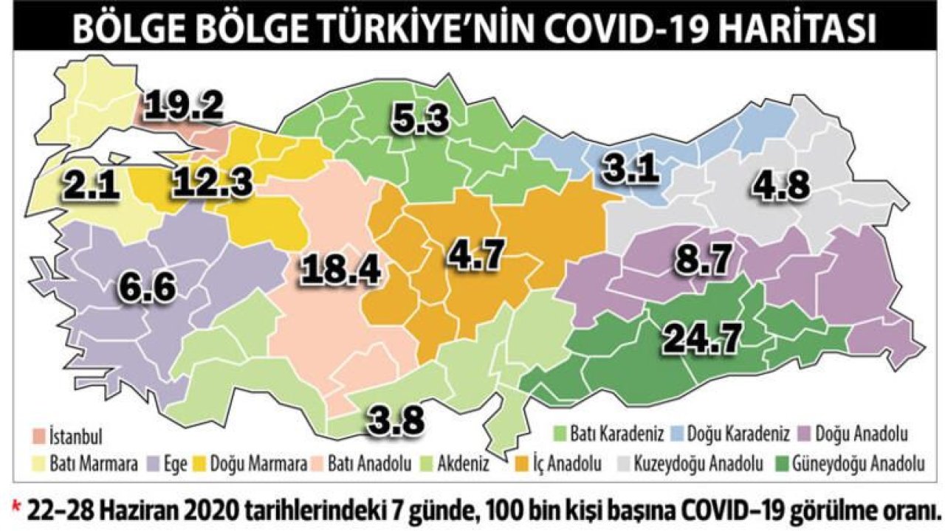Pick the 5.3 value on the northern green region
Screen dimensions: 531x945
click(418, 118)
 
